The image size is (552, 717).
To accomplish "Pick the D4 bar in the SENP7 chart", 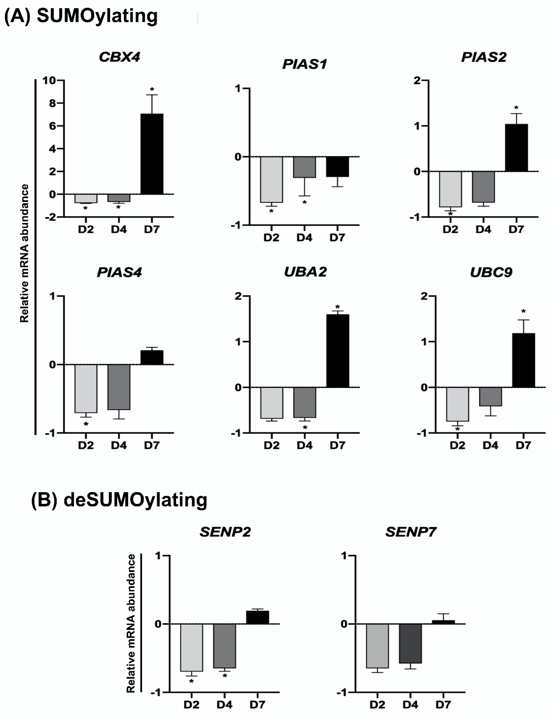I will [410, 643].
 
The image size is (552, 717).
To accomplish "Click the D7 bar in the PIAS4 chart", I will [152, 358].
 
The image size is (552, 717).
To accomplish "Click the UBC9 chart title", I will [491, 272].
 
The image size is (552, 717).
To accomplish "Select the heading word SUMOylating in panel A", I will [97, 16].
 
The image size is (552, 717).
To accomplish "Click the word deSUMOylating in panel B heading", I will [135, 500].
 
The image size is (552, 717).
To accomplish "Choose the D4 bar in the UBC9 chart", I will [490, 397].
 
